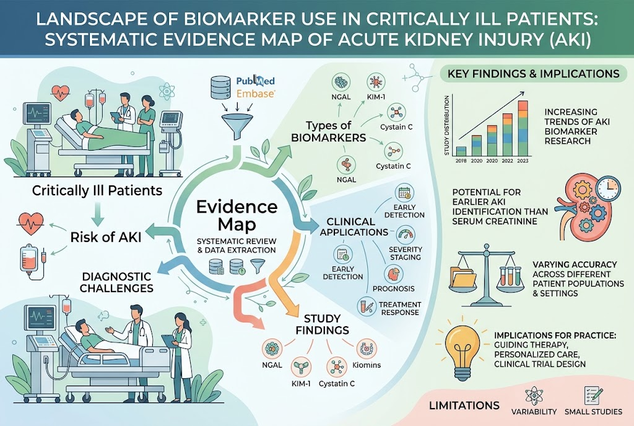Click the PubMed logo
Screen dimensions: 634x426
tap(255, 81)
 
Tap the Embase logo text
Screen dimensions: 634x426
tap(256, 94)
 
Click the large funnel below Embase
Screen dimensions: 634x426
tap(237, 126)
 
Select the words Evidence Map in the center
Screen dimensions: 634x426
tap(237, 215)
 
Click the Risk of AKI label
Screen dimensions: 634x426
tap(106, 237)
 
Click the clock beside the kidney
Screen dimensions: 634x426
tap(608, 187)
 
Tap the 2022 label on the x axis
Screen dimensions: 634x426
tap(507, 161)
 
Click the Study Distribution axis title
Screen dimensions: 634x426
tap(447, 125)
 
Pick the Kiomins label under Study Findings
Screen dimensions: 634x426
tap(367, 365)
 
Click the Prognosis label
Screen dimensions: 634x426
tap(393, 289)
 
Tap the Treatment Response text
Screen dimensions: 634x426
tap(400, 309)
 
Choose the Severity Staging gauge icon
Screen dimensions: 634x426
tap(406, 234)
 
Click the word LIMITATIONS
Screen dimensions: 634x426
tap(464, 406)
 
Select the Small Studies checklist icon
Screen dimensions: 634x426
tap(593, 396)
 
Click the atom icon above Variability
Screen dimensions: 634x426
tap(534, 396)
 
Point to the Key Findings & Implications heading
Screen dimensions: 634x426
tap(533, 74)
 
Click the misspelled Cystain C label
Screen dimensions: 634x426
tap(396, 126)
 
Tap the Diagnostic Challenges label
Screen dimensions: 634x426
tap(116, 282)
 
